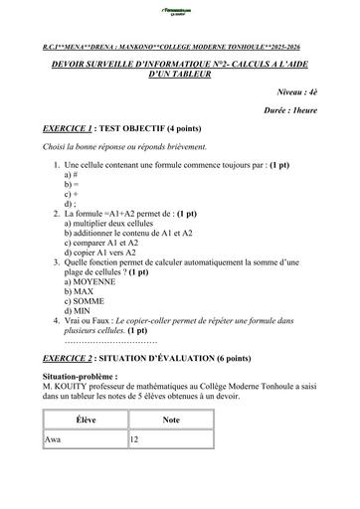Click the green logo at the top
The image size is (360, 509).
pyautogui.click(x=179, y=13)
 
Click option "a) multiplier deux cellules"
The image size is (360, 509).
pyautogui.click(x=111, y=224)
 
